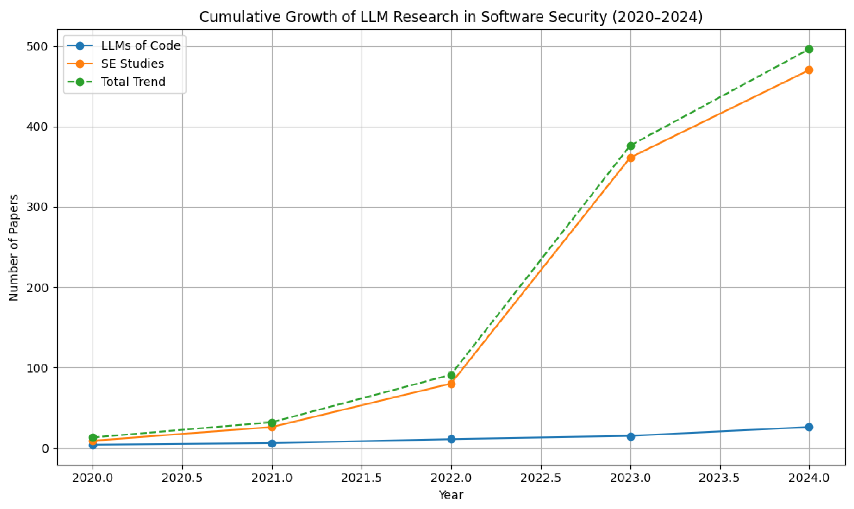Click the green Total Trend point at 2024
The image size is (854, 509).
(809, 49)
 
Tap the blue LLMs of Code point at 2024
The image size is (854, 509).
(809, 427)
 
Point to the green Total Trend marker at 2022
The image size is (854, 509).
(451, 375)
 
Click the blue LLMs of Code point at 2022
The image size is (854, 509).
(451, 439)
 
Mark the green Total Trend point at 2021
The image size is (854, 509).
(272, 423)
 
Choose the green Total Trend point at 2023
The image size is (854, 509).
(630, 146)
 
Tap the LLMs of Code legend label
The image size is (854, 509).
(141, 46)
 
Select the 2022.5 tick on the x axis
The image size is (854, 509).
(541, 478)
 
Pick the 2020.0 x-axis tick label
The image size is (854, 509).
(93, 478)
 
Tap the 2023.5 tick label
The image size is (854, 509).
(720, 478)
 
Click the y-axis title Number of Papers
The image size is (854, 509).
(14, 248)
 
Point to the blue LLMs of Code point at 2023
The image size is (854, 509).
(630, 436)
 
